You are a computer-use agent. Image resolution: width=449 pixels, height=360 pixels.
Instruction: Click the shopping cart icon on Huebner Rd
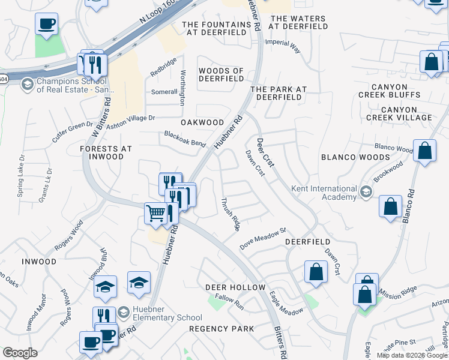[156, 212]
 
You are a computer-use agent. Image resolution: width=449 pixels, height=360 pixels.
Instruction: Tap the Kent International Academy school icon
[366, 193]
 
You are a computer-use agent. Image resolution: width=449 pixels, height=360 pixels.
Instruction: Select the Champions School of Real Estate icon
[27, 85]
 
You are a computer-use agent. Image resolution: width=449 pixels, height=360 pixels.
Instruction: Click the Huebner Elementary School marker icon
[123, 313]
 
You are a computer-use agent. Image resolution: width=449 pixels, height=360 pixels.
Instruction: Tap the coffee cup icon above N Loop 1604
[46, 25]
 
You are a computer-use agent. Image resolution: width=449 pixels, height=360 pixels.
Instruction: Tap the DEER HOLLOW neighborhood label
[235, 287]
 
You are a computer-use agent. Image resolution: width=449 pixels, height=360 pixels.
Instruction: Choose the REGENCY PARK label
[221, 329]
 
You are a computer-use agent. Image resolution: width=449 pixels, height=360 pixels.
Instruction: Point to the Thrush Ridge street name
[231, 214]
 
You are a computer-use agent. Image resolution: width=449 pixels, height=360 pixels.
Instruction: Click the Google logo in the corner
[20, 353]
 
